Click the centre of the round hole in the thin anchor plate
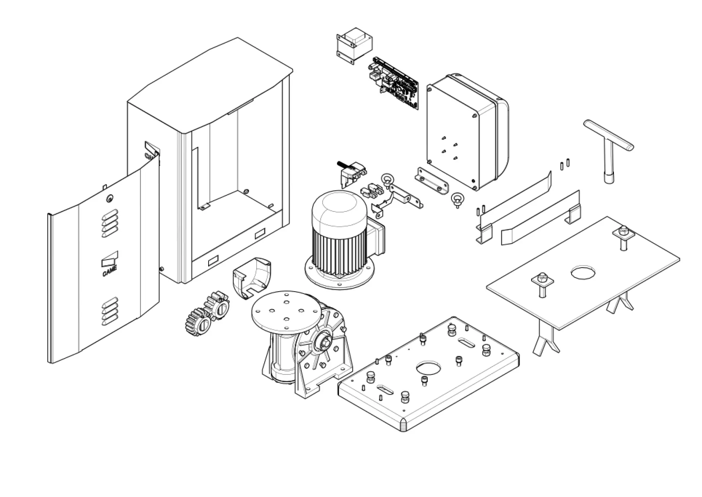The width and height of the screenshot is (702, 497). point(583,272)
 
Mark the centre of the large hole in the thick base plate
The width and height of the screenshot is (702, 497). point(429,368)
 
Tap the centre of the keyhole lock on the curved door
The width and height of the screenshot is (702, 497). point(110,198)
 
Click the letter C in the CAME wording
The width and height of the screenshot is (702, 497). point(104,274)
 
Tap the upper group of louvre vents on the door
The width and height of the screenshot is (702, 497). point(110,223)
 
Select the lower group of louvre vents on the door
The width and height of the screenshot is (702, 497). point(110,311)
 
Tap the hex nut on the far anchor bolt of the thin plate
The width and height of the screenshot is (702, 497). point(622,230)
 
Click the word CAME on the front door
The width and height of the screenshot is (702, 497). point(110,271)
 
